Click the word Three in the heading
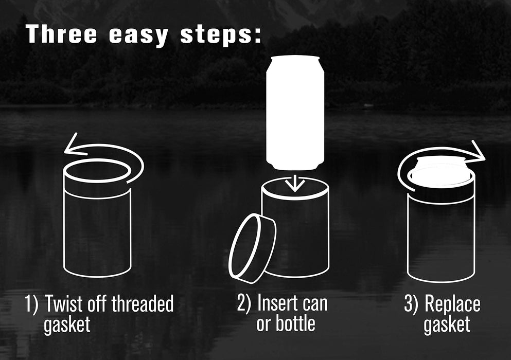click(62, 34)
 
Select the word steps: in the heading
click(221, 35)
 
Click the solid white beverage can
click(295, 113)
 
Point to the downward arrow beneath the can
click(295, 184)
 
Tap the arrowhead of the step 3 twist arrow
click(477, 152)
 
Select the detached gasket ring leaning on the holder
click(252, 248)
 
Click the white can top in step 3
click(441, 172)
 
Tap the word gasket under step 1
click(67, 325)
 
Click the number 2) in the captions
click(244, 303)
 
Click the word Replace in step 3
click(452, 304)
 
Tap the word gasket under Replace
click(447, 325)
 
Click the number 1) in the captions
click(31, 303)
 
